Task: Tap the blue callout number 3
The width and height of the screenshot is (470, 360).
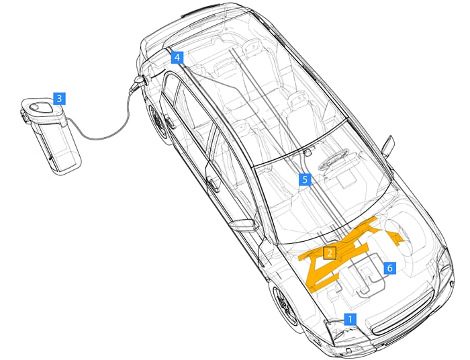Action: point(59,98)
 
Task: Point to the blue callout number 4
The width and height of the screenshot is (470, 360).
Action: point(177,58)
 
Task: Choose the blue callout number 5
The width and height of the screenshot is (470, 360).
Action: point(305,179)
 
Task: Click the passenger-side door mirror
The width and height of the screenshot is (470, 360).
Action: point(387,144)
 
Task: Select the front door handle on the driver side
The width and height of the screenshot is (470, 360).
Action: point(213,181)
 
